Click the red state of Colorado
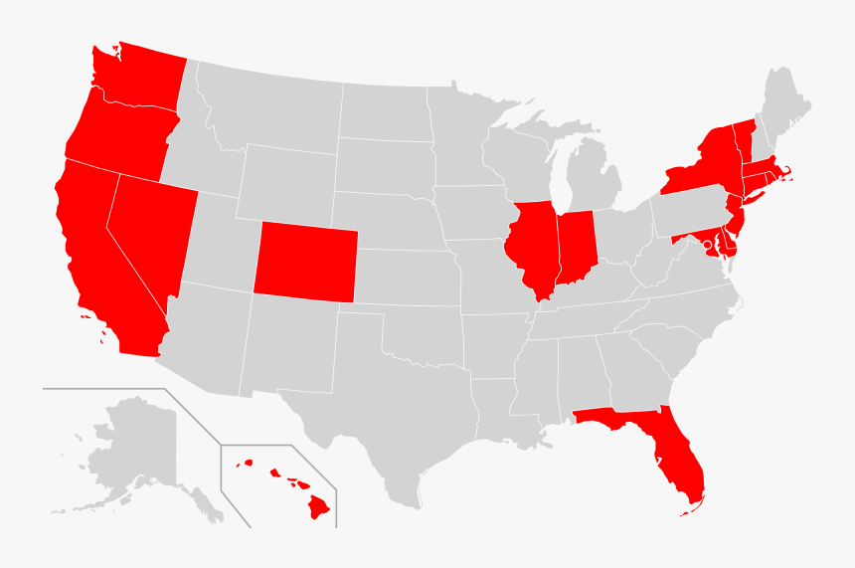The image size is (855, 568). tap(304, 261)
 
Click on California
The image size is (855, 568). tap(99, 259)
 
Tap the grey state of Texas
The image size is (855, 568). tap(378, 418)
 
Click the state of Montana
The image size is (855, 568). tap(268, 109)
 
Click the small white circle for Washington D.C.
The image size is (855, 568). tap(707, 244)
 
